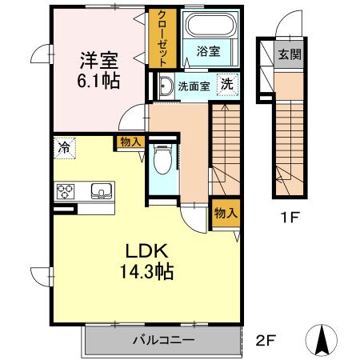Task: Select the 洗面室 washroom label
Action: pyautogui.click(x=194, y=86)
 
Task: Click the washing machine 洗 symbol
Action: pyautogui.click(x=227, y=85)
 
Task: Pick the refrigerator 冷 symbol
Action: pyautogui.click(x=62, y=146)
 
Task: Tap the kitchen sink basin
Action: pyautogui.click(x=101, y=190)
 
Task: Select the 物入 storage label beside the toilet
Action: pyautogui.click(x=131, y=142)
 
